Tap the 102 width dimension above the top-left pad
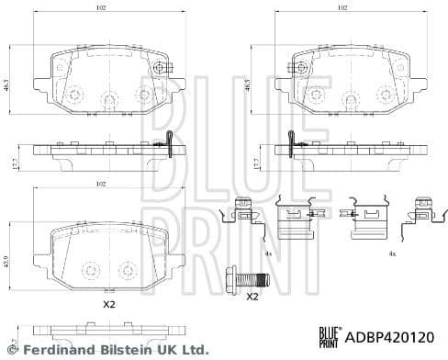click(x=102, y=7)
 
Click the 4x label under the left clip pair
click(x=266, y=252)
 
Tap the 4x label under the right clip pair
click(x=391, y=252)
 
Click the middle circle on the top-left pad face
click(x=108, y=98)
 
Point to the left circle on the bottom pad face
click(x=90, y=270)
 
